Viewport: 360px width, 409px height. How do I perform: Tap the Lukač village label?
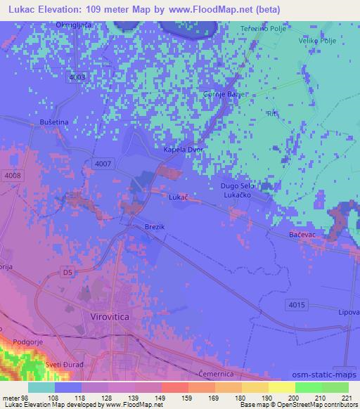coord(179,198)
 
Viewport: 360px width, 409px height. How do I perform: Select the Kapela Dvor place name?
coord(182,150)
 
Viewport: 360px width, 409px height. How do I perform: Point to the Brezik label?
coord(155,228)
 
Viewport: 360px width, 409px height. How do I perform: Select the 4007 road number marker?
coord(102,163)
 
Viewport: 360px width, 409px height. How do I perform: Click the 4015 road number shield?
coord(296,304)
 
